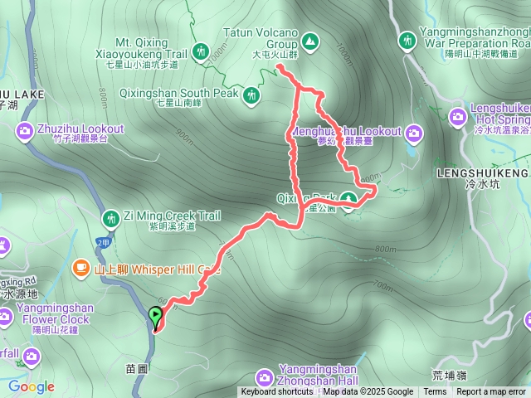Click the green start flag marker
[155, 315]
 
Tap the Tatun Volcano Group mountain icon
[310, 40]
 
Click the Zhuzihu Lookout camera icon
[24, 130]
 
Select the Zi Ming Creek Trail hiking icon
[110, 219]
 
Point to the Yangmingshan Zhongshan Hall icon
[263, 377]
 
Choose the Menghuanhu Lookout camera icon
[412, 132]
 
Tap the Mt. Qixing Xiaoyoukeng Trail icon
[199, 51]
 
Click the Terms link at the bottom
[435, 392]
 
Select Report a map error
[491, 392]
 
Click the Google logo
[32, 386]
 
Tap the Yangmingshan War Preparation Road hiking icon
[407, 40]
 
